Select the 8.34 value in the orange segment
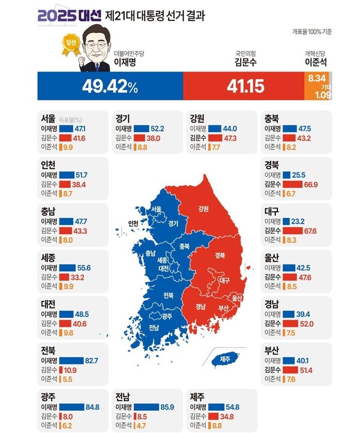(x=317, y=79)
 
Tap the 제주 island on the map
(x=225, y=359)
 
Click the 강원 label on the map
(x=203, y=209)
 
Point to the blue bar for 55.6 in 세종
(x=67, y=267)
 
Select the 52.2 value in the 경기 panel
(x=157, y=128)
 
